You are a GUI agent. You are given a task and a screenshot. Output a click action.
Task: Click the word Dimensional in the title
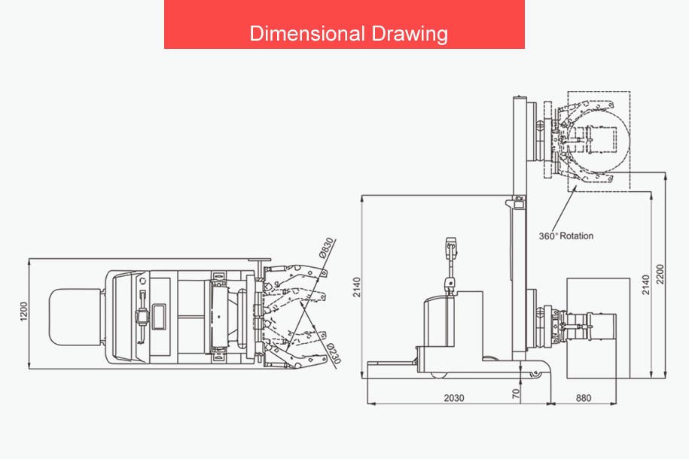point(307,33)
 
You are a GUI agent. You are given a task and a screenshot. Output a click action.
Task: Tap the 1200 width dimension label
point(24,312)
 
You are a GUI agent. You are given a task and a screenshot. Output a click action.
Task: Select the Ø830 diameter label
point(326,248)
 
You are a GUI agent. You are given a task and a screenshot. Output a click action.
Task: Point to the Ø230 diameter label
point(334,354)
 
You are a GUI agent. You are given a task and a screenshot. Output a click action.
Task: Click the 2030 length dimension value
point(454,398)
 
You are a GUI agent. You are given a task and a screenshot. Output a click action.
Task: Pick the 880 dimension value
point(584,398)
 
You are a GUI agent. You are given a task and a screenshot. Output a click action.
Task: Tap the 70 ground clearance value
point(516,393)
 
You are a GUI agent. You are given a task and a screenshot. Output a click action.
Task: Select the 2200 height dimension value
point(660,274)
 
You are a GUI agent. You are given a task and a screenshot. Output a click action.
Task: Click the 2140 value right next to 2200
point(645,284)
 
